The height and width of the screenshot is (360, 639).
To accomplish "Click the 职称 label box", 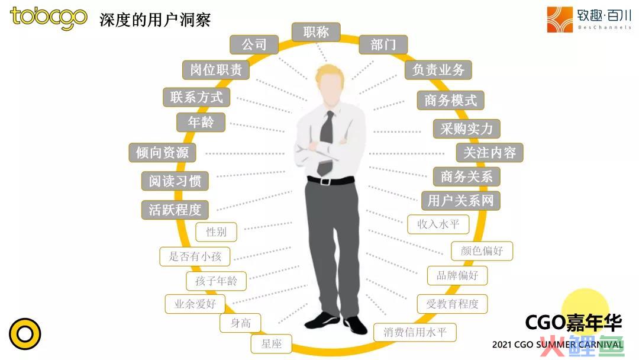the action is click(x=316, y=32).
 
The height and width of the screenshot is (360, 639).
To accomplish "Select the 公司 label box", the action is click(x=254, y=44).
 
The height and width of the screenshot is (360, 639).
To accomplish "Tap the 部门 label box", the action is click(x=383, y=44).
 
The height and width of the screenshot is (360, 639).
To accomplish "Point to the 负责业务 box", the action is click(x=438, y=70).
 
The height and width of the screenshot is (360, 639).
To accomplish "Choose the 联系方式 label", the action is click(x=196, y=98).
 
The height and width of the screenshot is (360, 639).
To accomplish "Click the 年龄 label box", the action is click(x=201, y=123).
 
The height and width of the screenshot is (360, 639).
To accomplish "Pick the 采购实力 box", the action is click(x=466, y=129).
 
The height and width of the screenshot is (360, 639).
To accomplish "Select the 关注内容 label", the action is click(x=489, y=153).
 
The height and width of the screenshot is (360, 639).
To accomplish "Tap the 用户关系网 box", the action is click(x=460, y=201).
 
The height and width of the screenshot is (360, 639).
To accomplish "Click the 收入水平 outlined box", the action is click(x=438, y=224).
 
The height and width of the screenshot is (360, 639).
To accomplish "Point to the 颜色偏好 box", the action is click(x=482, y=250).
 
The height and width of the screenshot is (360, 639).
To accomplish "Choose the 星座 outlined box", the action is click(x=271, y=343).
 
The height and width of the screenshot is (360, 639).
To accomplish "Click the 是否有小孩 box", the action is click(x=195, y=256).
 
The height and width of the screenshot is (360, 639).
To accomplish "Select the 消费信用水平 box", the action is click(x=415, y=332).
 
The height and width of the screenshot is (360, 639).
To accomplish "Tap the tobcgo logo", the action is click(x=49, y=18).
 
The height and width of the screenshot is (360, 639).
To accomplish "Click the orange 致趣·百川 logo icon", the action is click(x=560, y=19).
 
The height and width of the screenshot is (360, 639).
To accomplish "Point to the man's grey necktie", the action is click(x=326, y=143).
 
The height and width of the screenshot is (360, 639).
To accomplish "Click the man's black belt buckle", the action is click(x=325, y=181).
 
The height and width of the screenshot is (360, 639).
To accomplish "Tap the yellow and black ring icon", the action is click(x=25, y=334).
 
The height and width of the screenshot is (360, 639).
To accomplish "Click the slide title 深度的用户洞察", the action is click(x=155, y=20).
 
